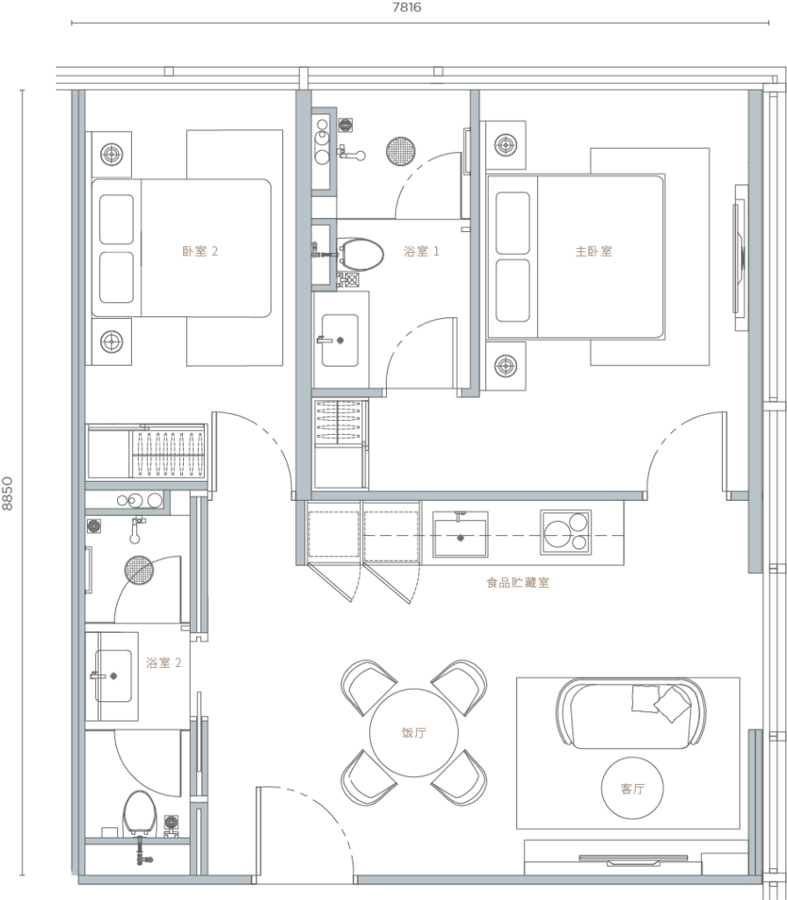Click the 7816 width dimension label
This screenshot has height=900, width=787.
pyautogui.click(x=405, y=8)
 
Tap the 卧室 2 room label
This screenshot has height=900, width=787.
pyautogui.click(x=200, y=251)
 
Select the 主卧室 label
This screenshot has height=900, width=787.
pyautogui.click(x=594, y=251)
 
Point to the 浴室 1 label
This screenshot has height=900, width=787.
pyautogui.click(x=421, y=251)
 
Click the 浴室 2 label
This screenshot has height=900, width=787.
pyautogui.click(x=164, y=663)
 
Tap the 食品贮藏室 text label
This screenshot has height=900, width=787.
pyautogui.click(x=518, y=583)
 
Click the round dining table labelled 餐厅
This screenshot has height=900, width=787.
pyautogui.click(x=413, y=732)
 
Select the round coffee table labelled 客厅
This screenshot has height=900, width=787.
pyautogui.click(x=631, y=788)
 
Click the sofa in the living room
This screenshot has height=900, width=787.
pyautogui.click(x=630, y=713)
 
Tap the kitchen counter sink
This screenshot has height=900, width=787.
pyautogui.click(x=460, y=533)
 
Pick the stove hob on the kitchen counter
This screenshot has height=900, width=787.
pyautogui.click(x=565, y=533)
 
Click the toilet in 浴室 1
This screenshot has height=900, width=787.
pyautogui.click(x=361, y=255)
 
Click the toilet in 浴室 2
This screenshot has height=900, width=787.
pyautogui.click(x=139, y=814)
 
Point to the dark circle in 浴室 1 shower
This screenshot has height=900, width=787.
pyautogui.click(x=401, y=151)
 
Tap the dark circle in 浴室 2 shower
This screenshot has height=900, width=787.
pyautogui.click(x=139, y=571)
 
